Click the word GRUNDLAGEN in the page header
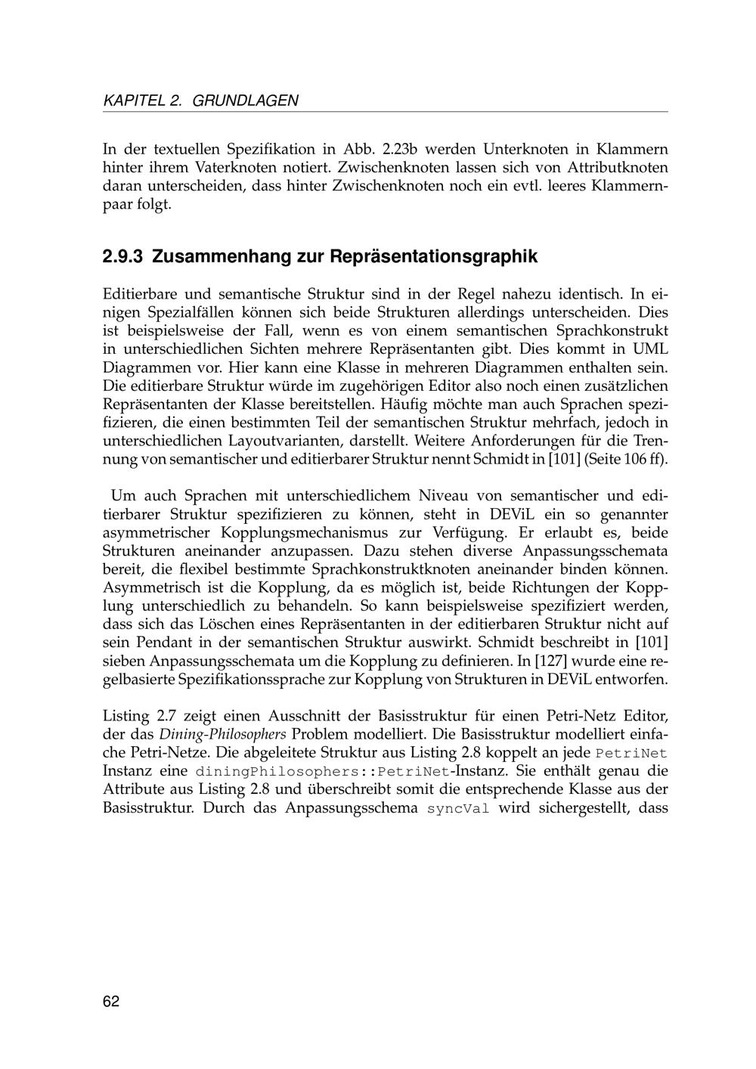click(x=246, y=100)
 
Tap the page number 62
click(x=111, y=1002)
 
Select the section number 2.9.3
click(x=123, y=257)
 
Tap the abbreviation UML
click(x=651, y=349)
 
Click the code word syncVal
click(x=458, y=808)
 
